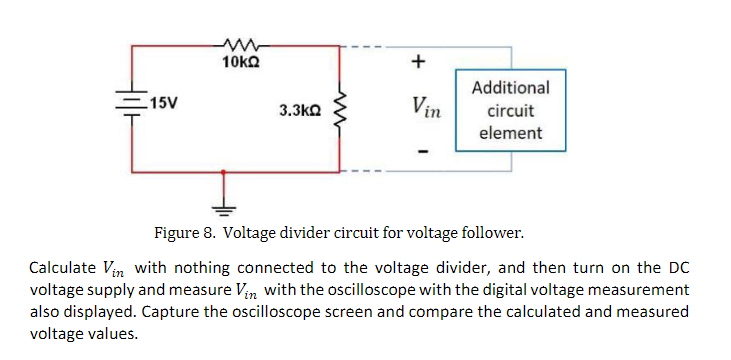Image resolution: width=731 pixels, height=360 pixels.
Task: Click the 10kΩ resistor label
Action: click(x=241, y=62)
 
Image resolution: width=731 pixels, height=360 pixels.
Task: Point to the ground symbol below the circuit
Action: click(x=224, y=206)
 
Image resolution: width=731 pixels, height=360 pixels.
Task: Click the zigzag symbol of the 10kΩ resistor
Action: click(x=241, y=44)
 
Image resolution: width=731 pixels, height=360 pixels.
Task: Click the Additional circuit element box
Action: click(x=510, y=110)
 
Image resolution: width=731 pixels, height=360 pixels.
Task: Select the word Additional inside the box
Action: click(x=510, y=88)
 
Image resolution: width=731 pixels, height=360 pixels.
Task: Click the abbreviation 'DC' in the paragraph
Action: click(x=675, y=268)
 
